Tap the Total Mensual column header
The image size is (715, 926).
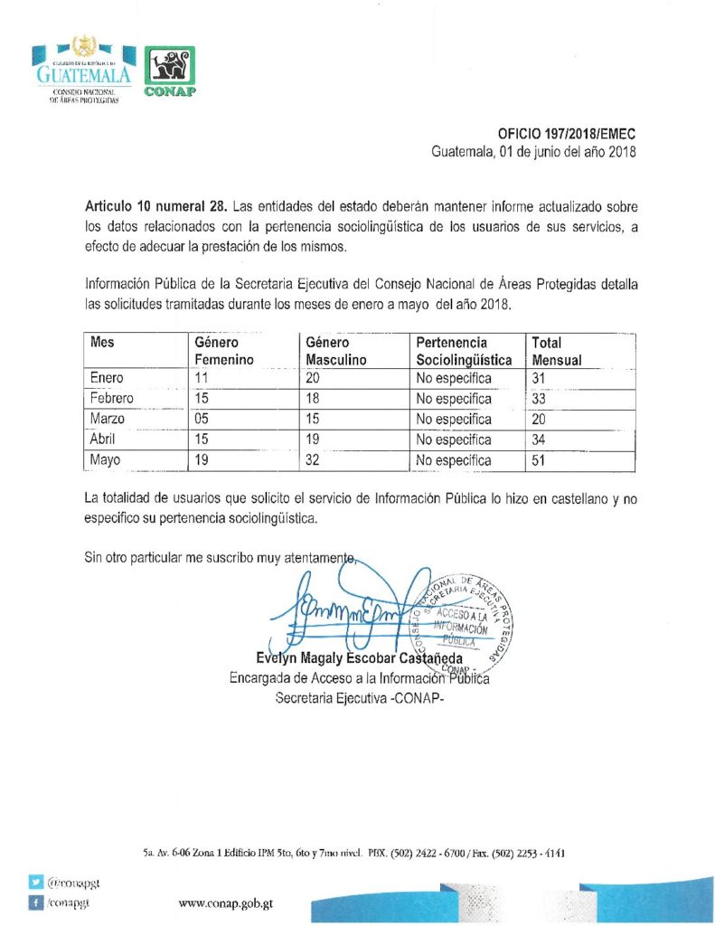pos(556,351)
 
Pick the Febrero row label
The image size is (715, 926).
pos(112,398)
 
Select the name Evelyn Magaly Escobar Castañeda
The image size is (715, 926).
pos(360,658)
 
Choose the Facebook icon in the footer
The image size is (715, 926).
pos(36,901)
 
